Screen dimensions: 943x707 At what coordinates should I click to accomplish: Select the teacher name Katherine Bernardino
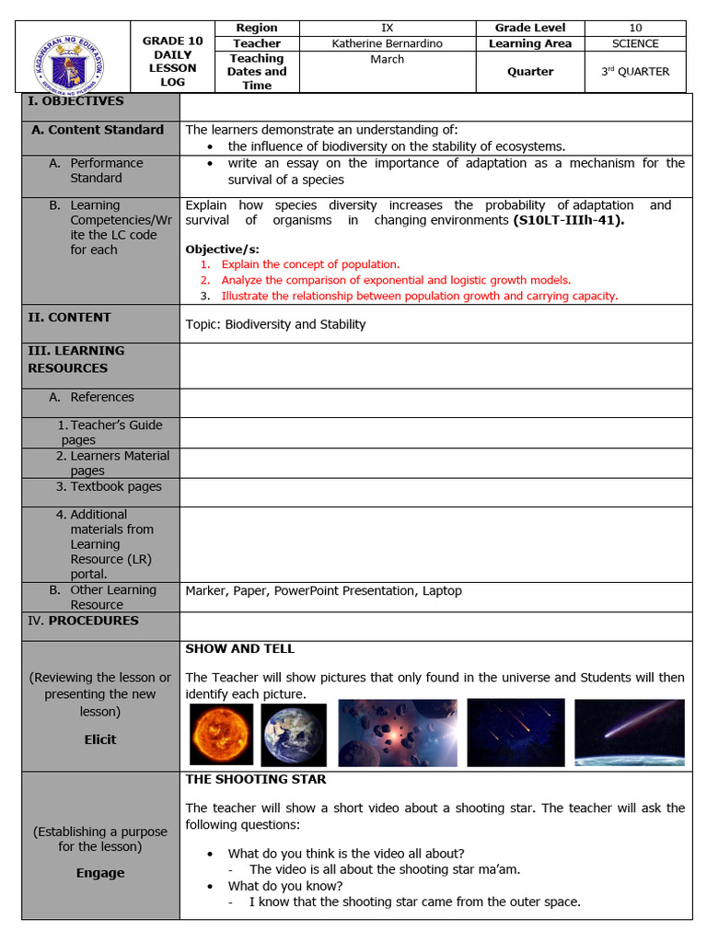387,43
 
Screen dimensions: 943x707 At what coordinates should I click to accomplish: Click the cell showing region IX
387,28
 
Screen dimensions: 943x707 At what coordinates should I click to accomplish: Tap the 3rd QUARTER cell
635,71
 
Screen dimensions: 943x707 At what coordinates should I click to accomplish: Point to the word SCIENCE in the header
635,43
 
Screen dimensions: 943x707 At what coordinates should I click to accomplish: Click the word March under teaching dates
387,59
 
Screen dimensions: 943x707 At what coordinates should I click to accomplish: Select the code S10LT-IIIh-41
561,220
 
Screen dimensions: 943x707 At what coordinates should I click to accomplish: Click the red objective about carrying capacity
419,296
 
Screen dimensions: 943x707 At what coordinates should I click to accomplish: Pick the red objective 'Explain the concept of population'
310,264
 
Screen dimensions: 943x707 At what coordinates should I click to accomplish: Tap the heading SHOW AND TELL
239,648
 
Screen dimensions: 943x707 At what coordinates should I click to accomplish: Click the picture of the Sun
221,734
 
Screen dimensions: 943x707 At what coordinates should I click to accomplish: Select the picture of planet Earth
294,734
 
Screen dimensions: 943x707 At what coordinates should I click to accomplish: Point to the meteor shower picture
516,732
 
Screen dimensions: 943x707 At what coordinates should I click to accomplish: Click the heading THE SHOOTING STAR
256,779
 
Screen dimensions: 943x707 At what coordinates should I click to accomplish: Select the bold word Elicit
100,739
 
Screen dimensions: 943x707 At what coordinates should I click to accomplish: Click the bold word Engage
100,873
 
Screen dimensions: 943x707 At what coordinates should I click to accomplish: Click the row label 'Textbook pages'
115,486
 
